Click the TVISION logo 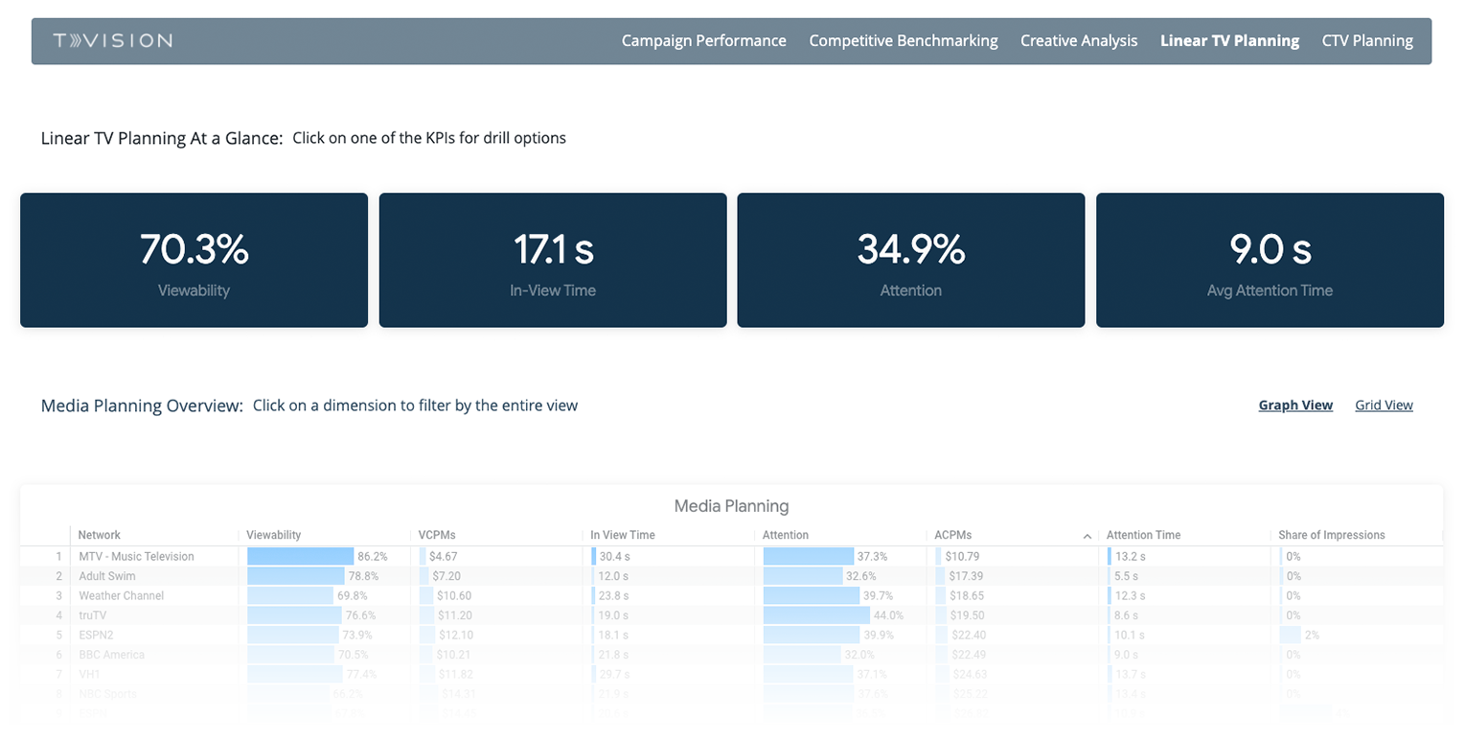pyautogui.click(x=113, y=40)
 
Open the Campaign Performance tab pyautogui.click(x=703, y=40)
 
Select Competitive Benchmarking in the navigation pyautogui.click(x=903, y=40)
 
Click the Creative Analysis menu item pyautogui.click(x=1079, y=40)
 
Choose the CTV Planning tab pyautogui.click(x=1366, y=40)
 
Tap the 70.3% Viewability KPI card pyautogui.click(x=194, y=260)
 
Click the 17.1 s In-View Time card pyautogui.click(x=553, y=260)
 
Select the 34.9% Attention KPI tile pyautogui.click(x=910, y=260)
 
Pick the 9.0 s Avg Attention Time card pyautogui.click(x=1270, y=260)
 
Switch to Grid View pyautogui.click(x=1384, y=405)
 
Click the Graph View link pyautogui.click(x=1295, y=405)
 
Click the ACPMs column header pyautogui.click(x=972, y=535)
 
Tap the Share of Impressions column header pyautogui.click(x=1331, y=535)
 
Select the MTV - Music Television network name pyautogui.click(x=136, y=556)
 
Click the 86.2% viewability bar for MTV pyautogui.click(x=301, y=556)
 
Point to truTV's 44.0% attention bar pyautogui.click(x=816, y=615)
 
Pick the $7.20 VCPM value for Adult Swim pyautogui.click(x=446, y=576)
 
